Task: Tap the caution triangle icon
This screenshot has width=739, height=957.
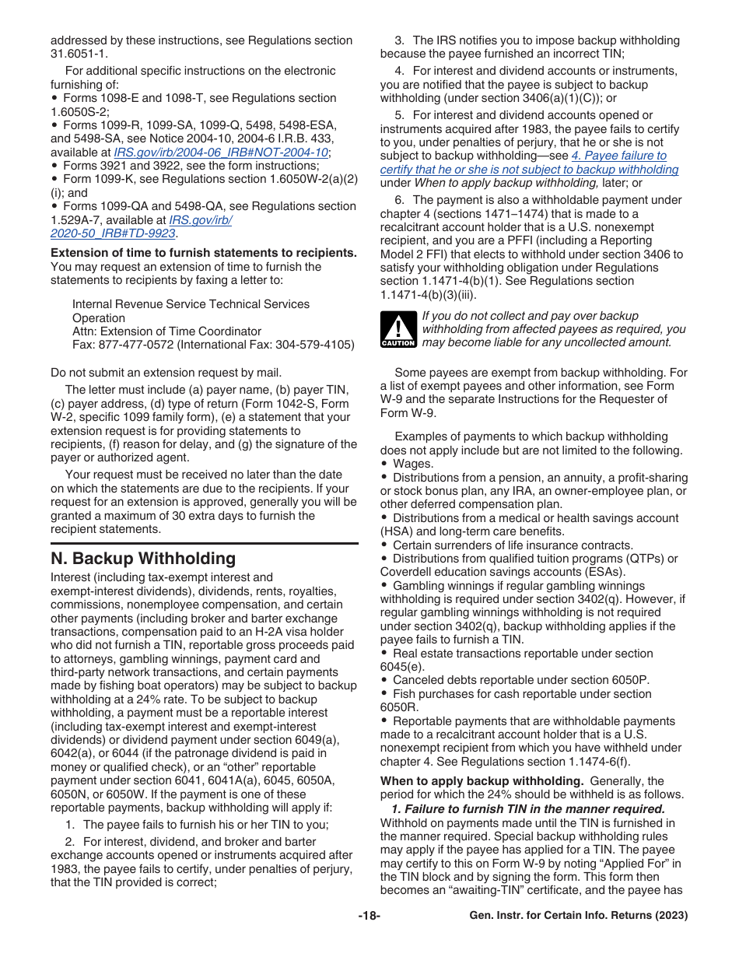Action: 398,329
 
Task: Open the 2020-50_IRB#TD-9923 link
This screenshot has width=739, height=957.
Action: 113,233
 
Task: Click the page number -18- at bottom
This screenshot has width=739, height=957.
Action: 369,916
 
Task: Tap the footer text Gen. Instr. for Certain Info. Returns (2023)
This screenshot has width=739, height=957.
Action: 578,916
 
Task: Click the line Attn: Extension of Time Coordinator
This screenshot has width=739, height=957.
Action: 166,331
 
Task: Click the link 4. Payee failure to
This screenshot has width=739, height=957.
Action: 618,156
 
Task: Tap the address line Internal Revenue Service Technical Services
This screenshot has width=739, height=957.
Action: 191,304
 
